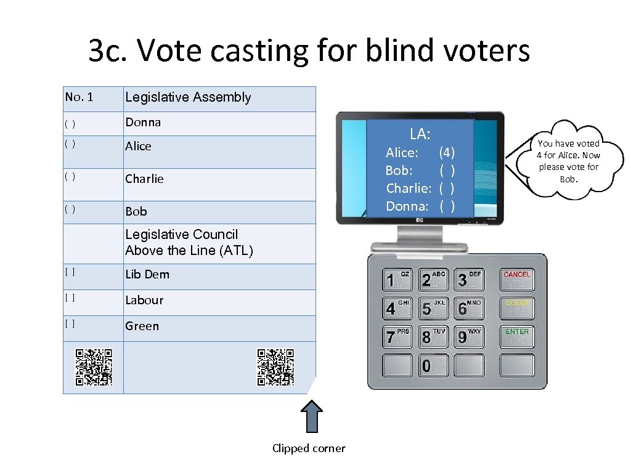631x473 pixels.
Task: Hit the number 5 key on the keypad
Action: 433,307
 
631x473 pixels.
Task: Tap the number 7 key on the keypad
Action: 397,337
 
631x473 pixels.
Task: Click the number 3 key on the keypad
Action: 469,279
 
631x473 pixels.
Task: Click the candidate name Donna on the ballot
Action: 143,123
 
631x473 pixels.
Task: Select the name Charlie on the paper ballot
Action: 144,179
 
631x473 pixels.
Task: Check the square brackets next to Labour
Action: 71,297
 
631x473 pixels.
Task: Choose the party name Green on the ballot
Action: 142,326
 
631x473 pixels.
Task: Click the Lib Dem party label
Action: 147,275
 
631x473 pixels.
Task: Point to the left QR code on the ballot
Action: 94,367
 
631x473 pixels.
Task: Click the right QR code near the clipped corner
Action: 275,367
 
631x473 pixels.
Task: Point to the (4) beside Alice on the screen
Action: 447,152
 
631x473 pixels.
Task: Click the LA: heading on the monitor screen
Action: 420,134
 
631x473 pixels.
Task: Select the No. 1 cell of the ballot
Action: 79,97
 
